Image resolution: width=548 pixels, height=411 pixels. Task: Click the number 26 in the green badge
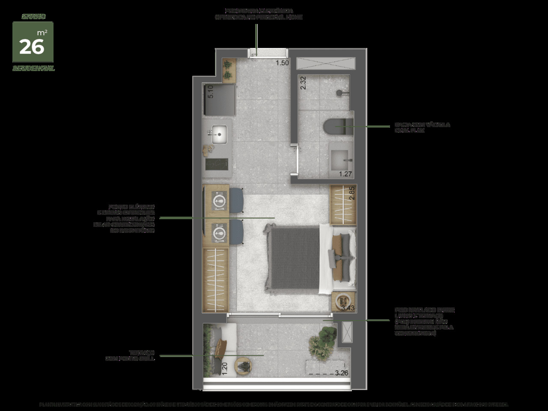32,47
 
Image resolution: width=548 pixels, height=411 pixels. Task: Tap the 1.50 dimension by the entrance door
282,63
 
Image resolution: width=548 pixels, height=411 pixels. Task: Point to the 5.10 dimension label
210,92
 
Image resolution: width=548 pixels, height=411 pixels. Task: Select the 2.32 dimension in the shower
303,82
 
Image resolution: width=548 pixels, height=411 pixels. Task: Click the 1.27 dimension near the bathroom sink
345,174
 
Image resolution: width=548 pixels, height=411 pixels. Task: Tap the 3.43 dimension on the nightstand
347,307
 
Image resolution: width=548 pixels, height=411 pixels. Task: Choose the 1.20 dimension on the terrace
224,368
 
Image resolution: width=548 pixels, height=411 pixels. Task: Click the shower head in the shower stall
340,92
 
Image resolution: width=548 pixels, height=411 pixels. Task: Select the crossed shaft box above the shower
326,63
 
